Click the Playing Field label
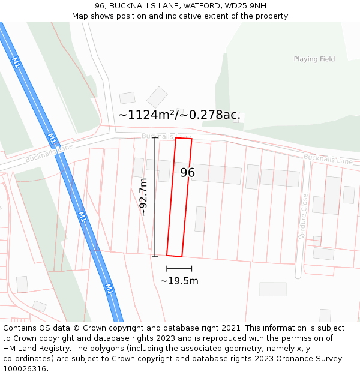pos(314,59)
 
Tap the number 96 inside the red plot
pos(187,173)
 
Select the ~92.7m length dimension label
pos(143,197)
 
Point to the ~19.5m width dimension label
pos(179,280)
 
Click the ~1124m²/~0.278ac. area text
pos(179,115)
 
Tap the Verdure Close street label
pos(304,216)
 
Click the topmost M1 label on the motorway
pos(16,62)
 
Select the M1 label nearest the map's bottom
pos(109,288)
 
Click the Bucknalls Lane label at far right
pos(328,160)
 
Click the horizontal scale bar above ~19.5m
pos(179,268)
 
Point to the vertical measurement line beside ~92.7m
pos(155,197)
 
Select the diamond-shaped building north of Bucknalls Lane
pos(157,97)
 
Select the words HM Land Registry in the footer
pos(34,348)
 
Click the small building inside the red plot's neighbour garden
pos(200,219)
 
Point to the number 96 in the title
pos(100,5)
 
